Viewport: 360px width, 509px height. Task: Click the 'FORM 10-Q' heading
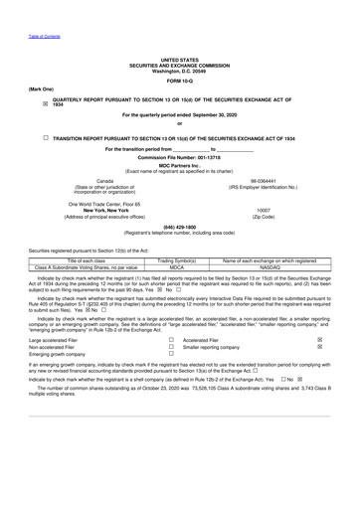coord(179,80)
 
